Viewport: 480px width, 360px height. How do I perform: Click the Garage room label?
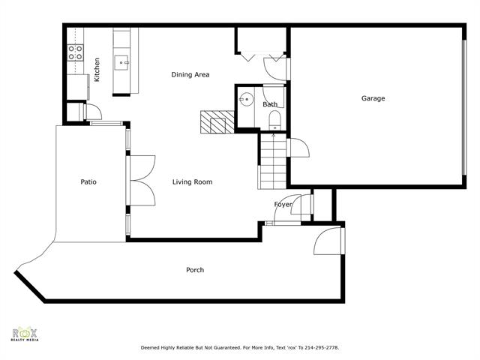(373, 98)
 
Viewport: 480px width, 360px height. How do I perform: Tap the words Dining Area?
(190, 74)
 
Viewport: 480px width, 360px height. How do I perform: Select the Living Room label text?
(192, 181)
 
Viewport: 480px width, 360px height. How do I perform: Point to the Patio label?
(88, 181)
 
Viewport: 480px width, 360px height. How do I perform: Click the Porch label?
(195, 270)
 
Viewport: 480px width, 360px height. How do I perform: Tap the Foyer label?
(283, 204)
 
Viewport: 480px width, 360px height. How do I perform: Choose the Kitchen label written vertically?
(97, 69)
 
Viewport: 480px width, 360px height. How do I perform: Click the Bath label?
(270, 104)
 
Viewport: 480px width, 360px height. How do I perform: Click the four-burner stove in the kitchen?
(76, 52)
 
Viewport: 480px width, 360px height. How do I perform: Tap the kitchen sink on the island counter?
(121, 61)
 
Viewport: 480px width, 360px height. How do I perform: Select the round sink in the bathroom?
(246, 99)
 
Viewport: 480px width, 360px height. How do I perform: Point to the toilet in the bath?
(274, 119)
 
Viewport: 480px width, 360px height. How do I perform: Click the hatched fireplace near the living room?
(218, 121)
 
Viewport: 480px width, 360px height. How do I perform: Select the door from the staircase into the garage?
(297, 147)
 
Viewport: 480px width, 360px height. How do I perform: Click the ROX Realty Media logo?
(25, 334)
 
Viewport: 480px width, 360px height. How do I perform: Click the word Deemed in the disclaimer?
(152, 348)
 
